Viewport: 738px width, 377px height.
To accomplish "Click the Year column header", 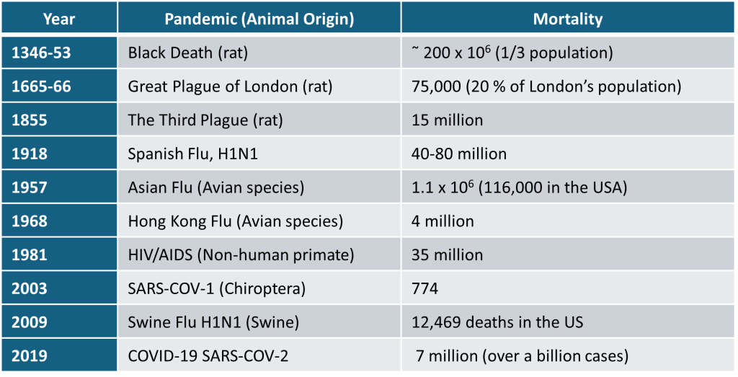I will (x=60, y=19).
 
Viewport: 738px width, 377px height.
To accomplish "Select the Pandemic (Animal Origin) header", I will (x=259, y=19).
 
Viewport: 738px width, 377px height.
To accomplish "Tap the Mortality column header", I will (x=567, y=19).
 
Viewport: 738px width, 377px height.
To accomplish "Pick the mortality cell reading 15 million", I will (x=447, y=120).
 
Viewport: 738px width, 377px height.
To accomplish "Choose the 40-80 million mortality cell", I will (x=459, y=154).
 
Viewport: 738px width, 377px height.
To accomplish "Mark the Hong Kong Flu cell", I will (x=235, y=221).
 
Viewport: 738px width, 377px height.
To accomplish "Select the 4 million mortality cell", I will (x=443, y=221).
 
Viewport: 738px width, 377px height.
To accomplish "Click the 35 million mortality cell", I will (x=447, y=255).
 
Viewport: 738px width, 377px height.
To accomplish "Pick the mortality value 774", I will (x=424, y=289).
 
